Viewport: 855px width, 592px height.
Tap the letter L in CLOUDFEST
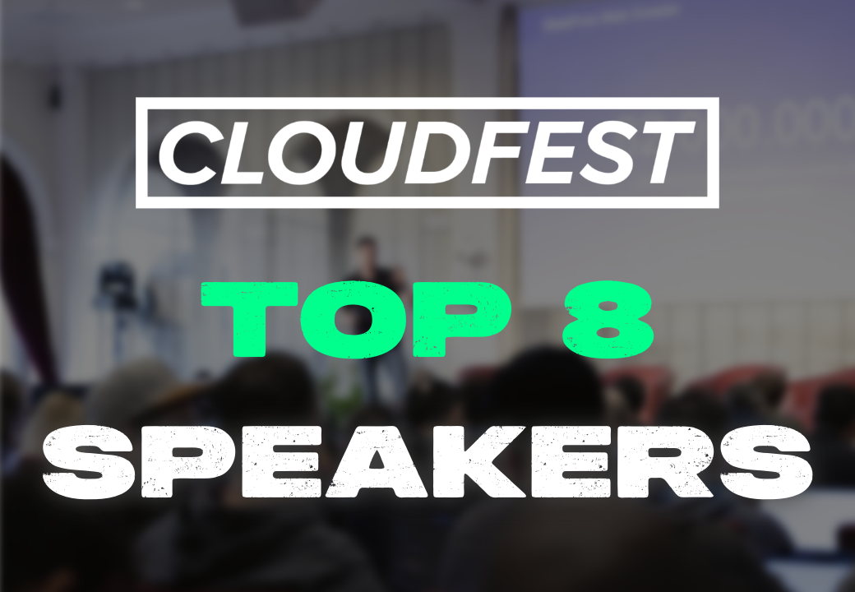(x=236, y=153)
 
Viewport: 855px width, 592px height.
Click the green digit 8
(x=608, y=320)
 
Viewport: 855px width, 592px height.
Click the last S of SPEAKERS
(x=765, y=461)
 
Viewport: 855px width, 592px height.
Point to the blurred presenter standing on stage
(x=377, y=305)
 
